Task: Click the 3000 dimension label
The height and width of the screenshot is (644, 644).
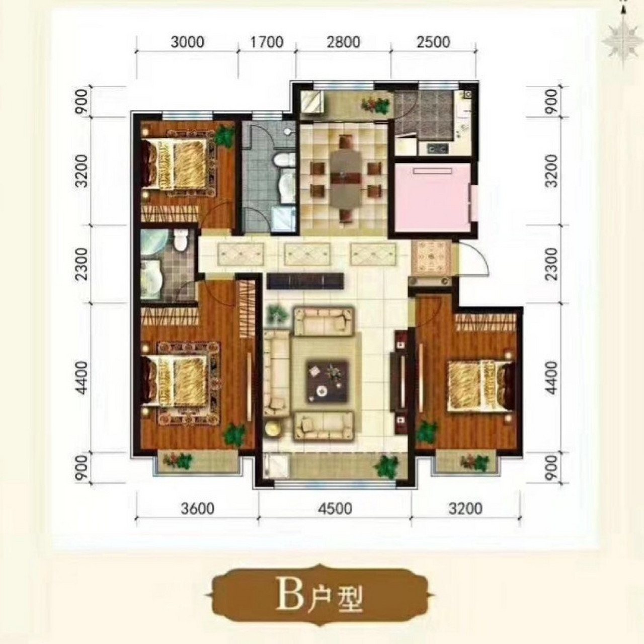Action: point(187,42)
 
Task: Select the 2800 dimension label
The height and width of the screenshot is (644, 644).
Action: point(344,42)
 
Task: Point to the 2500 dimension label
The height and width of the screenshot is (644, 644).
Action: point(434,42)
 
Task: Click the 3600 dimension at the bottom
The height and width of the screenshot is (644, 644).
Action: point(198,508)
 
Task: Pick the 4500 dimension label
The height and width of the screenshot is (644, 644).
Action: point(336,508)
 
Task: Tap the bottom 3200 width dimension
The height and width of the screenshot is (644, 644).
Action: point(466,508)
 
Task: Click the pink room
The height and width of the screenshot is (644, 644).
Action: point(433,197)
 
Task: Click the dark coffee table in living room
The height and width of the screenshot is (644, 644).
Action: point(328,381)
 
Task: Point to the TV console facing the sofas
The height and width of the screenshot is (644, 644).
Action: point(305,281)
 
